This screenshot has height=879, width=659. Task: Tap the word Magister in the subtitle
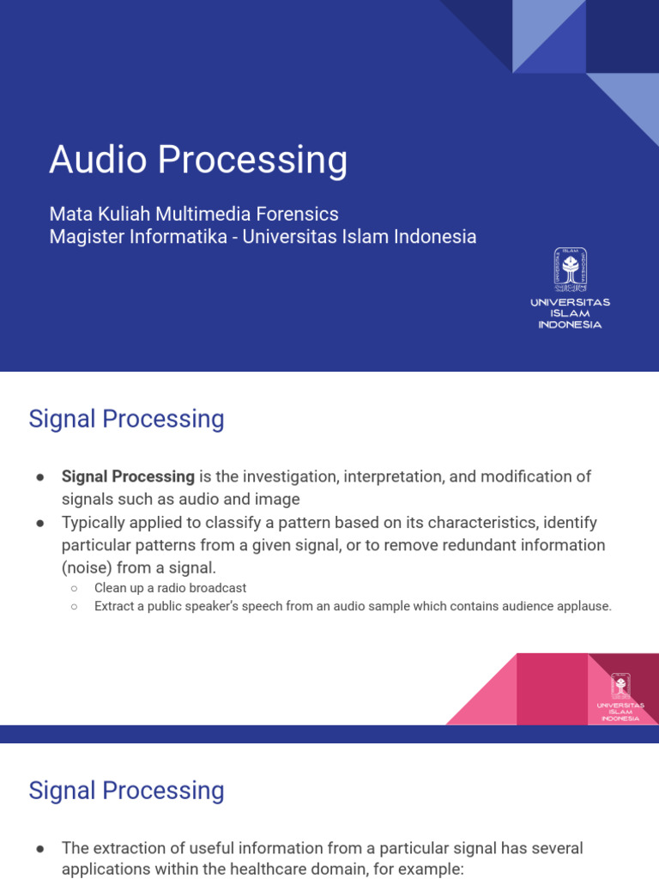(x=83, y=236)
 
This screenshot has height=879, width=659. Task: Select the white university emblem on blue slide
(x=570, y=269)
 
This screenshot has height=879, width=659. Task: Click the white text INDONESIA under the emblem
(x=570, y=324)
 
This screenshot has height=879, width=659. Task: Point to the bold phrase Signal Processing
(x=128, y=476)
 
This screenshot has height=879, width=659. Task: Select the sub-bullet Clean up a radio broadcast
(x=170, y=588)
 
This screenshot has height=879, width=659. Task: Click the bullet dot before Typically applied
(x=40, y=523)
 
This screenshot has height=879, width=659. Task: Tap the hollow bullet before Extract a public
(x=75, y=606)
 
